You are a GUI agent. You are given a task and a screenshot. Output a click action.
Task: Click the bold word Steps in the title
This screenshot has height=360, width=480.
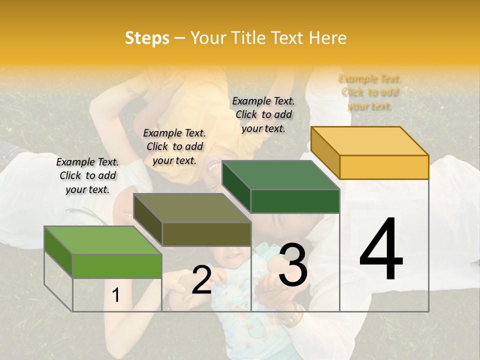click(147, 38)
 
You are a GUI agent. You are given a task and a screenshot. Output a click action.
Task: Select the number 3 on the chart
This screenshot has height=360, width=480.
click(292, 265)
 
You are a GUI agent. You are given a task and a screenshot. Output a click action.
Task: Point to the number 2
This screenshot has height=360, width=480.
click(201, 280)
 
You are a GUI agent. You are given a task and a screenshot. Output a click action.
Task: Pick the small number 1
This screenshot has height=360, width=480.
click(116, 295)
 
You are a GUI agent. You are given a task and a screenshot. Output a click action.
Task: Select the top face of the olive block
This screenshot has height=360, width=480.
click(192, 208)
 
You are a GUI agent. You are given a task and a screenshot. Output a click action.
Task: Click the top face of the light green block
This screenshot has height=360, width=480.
click(103, 240)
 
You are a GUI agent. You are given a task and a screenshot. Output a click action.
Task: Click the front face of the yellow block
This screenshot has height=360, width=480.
click(384, 167)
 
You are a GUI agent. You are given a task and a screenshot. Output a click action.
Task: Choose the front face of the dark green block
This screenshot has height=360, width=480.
click(295, 201)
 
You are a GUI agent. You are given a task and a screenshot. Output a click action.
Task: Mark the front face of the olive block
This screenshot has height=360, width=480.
click(206, 234)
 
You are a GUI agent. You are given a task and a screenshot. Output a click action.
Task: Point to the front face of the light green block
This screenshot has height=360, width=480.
click(117, 266)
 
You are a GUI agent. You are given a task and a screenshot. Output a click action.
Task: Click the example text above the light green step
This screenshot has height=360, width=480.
click(87, 175)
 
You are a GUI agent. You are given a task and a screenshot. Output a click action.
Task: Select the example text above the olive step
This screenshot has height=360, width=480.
click(174, 146)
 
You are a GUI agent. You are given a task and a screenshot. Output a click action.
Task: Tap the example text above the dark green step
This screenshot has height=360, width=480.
click(263, 114)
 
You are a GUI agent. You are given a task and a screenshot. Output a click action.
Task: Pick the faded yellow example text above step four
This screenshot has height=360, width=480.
click(370, 92)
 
